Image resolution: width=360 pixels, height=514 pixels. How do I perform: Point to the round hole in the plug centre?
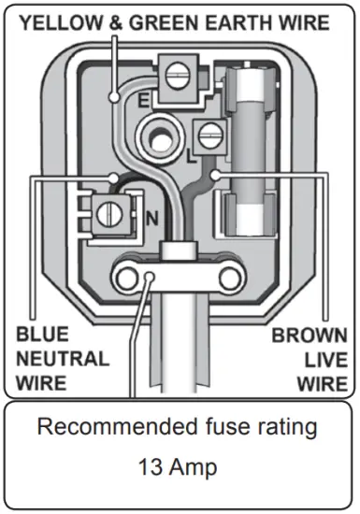click(x=158, y=137)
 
